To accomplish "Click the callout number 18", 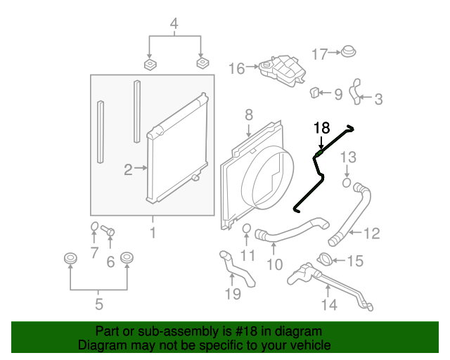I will click(x=321, y=128).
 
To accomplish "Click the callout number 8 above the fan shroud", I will click(x=248, y=114).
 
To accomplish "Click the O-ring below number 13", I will click(x=347, y=184).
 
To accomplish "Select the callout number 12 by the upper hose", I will click(x=371, y=233).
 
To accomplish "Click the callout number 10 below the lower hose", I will click(x=274, y=264).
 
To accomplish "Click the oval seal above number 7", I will click(x=94, y=226).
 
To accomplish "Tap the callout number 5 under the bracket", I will click(x=98, y=304).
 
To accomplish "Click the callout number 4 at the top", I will click(x=174, y=27).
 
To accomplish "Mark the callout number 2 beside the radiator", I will click(x=128, y=169).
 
